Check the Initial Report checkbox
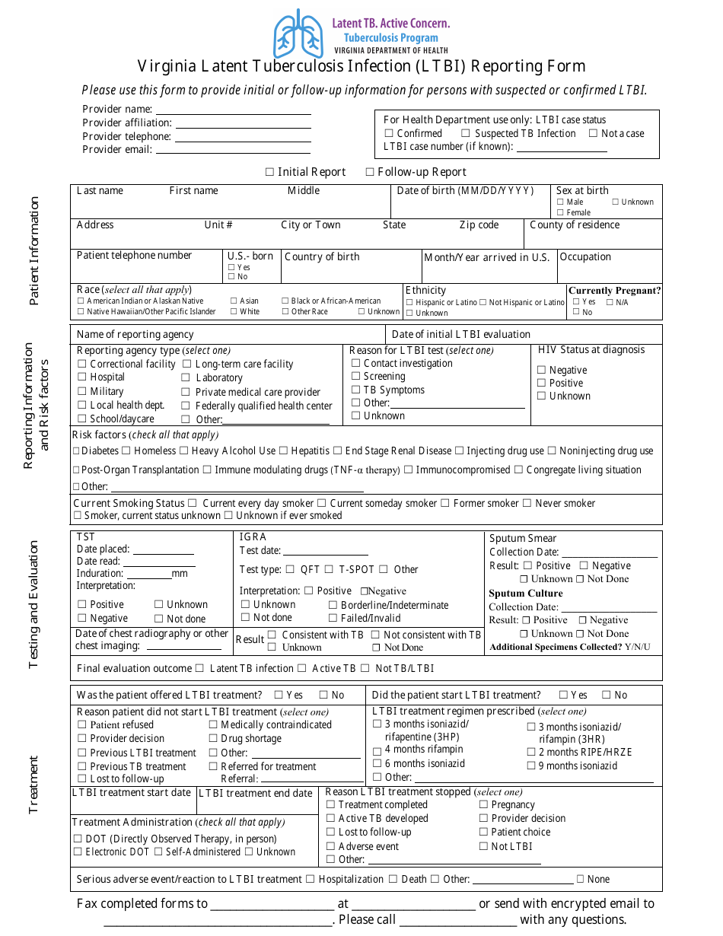pos(269,172)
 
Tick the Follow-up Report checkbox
pos(370,172)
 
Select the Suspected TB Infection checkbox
pos(467,133)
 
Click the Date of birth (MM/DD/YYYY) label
pos(465,191)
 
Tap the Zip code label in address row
pos(479,225)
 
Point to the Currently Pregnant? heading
pos(614,291)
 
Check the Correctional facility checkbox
pos(82,365)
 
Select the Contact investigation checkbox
pos(355,364)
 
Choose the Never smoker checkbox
pos(527,504)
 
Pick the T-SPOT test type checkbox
pos(329,569)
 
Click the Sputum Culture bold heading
pos(526,594)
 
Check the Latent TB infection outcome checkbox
pos(199,668)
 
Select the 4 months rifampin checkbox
pos(377,750)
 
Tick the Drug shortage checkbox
pos(213,739)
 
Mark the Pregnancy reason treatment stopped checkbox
pos(483,805)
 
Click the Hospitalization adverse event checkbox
pos(310,880)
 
